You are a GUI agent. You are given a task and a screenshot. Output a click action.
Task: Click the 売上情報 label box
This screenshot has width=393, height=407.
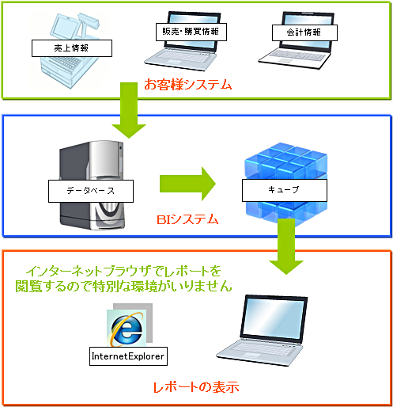point(72,48)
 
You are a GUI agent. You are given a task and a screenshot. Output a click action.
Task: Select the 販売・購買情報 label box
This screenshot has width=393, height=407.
point(191,32)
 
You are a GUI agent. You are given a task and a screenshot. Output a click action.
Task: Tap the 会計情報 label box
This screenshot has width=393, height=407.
point(304,32)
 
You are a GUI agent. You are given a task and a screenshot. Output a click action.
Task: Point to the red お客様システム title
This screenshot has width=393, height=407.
point(188,85)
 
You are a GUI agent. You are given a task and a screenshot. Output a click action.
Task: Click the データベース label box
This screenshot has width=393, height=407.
point(91,191)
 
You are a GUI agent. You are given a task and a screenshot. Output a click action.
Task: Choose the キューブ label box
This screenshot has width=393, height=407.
point(285,190)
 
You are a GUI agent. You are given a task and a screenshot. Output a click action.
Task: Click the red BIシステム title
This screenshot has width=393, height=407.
point(187,219)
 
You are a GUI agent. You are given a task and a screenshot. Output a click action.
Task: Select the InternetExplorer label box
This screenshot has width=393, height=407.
point(128,356)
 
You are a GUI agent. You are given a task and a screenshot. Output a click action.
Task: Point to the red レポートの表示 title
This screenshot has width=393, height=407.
point(196,387)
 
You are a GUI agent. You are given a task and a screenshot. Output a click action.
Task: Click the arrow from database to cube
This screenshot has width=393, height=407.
point(187,184)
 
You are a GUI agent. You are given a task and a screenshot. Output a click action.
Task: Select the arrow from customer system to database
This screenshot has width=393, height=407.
point(129,110)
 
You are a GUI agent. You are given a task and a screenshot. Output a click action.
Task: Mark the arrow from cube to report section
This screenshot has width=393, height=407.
point(286,246)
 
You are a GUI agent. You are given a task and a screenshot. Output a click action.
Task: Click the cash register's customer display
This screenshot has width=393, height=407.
point(89,21)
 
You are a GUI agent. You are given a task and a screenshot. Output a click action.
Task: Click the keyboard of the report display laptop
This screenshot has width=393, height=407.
point(259,348)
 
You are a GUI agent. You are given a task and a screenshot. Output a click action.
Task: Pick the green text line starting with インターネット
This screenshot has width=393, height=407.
point(123,271)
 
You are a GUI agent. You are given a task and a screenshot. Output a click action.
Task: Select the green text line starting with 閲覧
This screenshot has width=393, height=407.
point(123,286)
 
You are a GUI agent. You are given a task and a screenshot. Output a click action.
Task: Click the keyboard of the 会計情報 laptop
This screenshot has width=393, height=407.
point(296,55)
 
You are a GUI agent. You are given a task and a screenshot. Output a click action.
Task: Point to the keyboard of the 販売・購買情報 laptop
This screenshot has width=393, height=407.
point(181,56)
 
